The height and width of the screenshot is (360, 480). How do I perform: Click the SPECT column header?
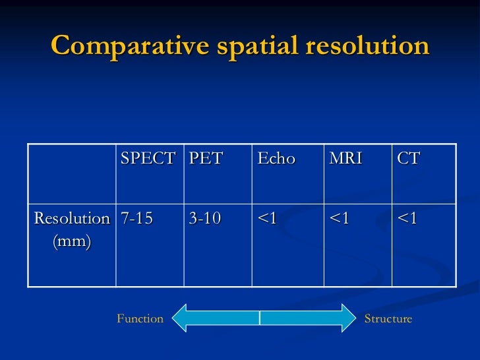point(148,159)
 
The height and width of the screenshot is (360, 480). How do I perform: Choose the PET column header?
point(206,159)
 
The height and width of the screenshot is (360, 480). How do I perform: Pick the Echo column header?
point(276,159)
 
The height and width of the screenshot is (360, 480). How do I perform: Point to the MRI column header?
point(346,159)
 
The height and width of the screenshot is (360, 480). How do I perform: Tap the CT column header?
point(409,159)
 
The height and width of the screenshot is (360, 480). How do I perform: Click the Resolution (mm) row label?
point(72,230)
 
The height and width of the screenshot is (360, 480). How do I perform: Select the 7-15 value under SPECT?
point(136,219)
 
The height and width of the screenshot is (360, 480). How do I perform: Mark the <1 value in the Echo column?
point(267,219)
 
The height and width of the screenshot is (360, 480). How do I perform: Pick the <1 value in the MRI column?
point(339,219)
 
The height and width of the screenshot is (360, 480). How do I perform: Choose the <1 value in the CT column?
point(407,219)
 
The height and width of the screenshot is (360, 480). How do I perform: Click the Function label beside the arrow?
point(140,319)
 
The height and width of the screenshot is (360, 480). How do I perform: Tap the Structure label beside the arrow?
point(388,319)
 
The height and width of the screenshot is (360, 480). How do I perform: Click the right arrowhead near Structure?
point(348,318)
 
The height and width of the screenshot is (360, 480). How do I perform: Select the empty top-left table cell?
point(72,173)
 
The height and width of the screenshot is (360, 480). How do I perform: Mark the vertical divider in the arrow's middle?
point(260,318)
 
